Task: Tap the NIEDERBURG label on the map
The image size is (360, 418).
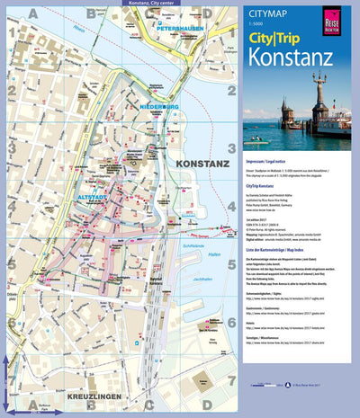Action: point(160,106)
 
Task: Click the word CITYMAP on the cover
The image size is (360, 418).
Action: point(260,13)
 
